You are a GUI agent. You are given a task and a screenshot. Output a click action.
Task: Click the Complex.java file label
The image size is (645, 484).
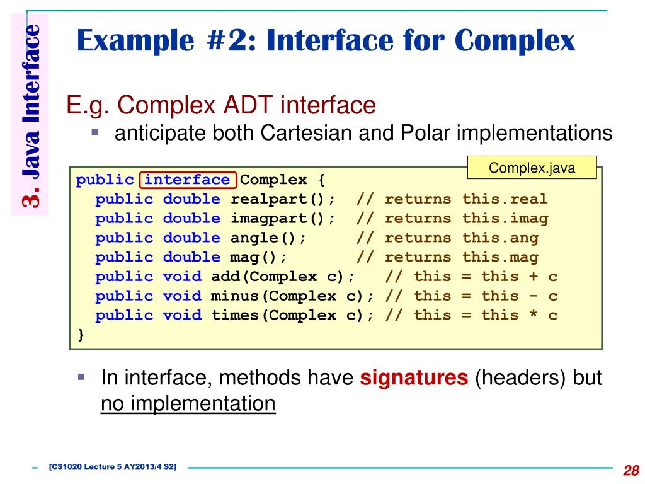[x=532, y=168]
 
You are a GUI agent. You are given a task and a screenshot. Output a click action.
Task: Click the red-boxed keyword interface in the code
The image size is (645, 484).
[x=187, y=180]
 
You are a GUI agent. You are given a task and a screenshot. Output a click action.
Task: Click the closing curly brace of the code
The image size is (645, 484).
[x=80, y=335]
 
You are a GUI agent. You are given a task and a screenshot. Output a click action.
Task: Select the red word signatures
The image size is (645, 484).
[x=414, y=378]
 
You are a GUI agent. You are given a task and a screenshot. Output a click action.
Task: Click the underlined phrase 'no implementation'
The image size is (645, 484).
[x=188, y=403]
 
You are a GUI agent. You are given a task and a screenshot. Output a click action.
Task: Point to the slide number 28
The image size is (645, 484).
[x=631, y=470]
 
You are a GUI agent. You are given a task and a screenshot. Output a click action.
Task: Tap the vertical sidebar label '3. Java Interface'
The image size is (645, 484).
[x=30, y=116]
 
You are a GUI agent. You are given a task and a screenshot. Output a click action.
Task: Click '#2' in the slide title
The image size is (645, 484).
[x=229, y=42]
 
